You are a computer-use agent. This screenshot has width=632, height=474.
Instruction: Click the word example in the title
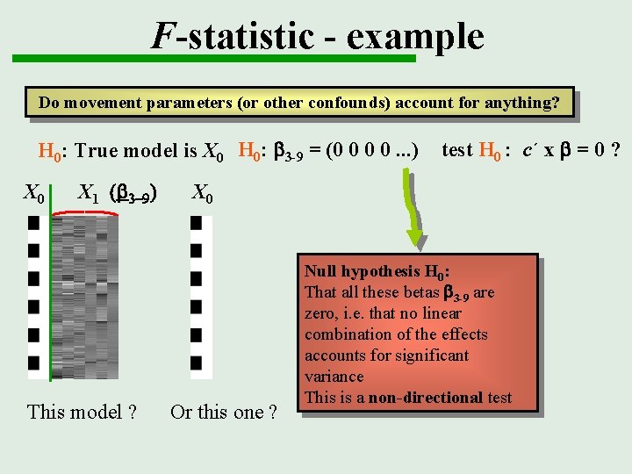click(415, 36)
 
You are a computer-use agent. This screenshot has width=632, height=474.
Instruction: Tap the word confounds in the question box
click(348, 103)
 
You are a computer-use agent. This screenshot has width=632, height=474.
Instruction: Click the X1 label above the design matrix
click(89, 192)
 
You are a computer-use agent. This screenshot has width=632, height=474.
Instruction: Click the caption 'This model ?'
click(82, 411)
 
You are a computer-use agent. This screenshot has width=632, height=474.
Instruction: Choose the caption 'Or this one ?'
click(224, 412)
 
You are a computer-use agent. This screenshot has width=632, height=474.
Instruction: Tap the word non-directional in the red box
click(426, 398)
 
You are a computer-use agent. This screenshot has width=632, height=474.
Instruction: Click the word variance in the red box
click(334, 377)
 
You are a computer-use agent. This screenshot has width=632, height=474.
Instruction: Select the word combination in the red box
click(348, 334)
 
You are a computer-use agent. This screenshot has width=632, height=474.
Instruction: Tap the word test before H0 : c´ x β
click(457, 150)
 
